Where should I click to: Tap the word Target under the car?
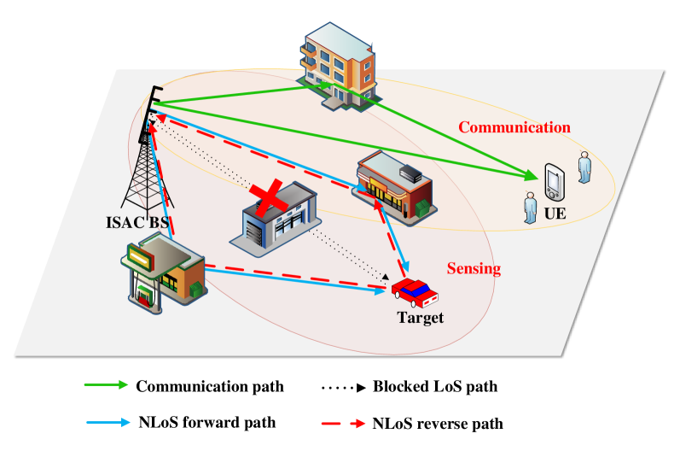(421, 319)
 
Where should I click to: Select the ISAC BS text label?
(137, 224)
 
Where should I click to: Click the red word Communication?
(514, 127)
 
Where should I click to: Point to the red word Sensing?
(474, 268)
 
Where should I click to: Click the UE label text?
(555, 213)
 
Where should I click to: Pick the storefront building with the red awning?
(393, 188)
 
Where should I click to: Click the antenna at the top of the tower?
(154, 103)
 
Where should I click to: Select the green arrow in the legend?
(106, 384)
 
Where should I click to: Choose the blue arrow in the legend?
(108, 422)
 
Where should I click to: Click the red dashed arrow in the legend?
(344, 423)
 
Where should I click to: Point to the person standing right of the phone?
(584, 167)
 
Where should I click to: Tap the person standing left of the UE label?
(530, 208)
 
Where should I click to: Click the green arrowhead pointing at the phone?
(532, 178)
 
